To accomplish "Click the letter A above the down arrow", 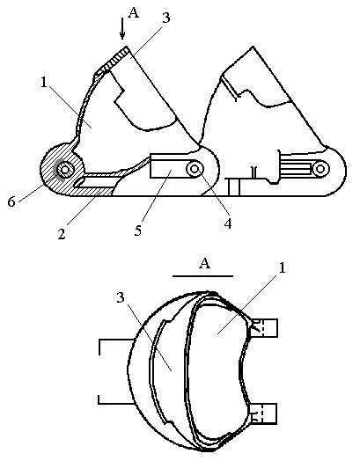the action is pyautogui.click(x=134, y=13).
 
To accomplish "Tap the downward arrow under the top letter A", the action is pyautogui.click(x=122, y=28).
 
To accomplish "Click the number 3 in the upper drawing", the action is pyautogui.click(x=166, y=18).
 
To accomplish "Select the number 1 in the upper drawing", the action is pyautogui.click(x=44, y=83).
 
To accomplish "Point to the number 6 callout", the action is pyautogui.click(x=11, y=202).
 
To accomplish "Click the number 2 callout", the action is pyautogui.click(x=62, y=235).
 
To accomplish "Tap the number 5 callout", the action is pyautogui.click(x=138, y=230).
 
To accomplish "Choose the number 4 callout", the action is pyautogui.click(x=228, y=224).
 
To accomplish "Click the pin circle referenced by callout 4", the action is pyautogui.click(x=195, y=169).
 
